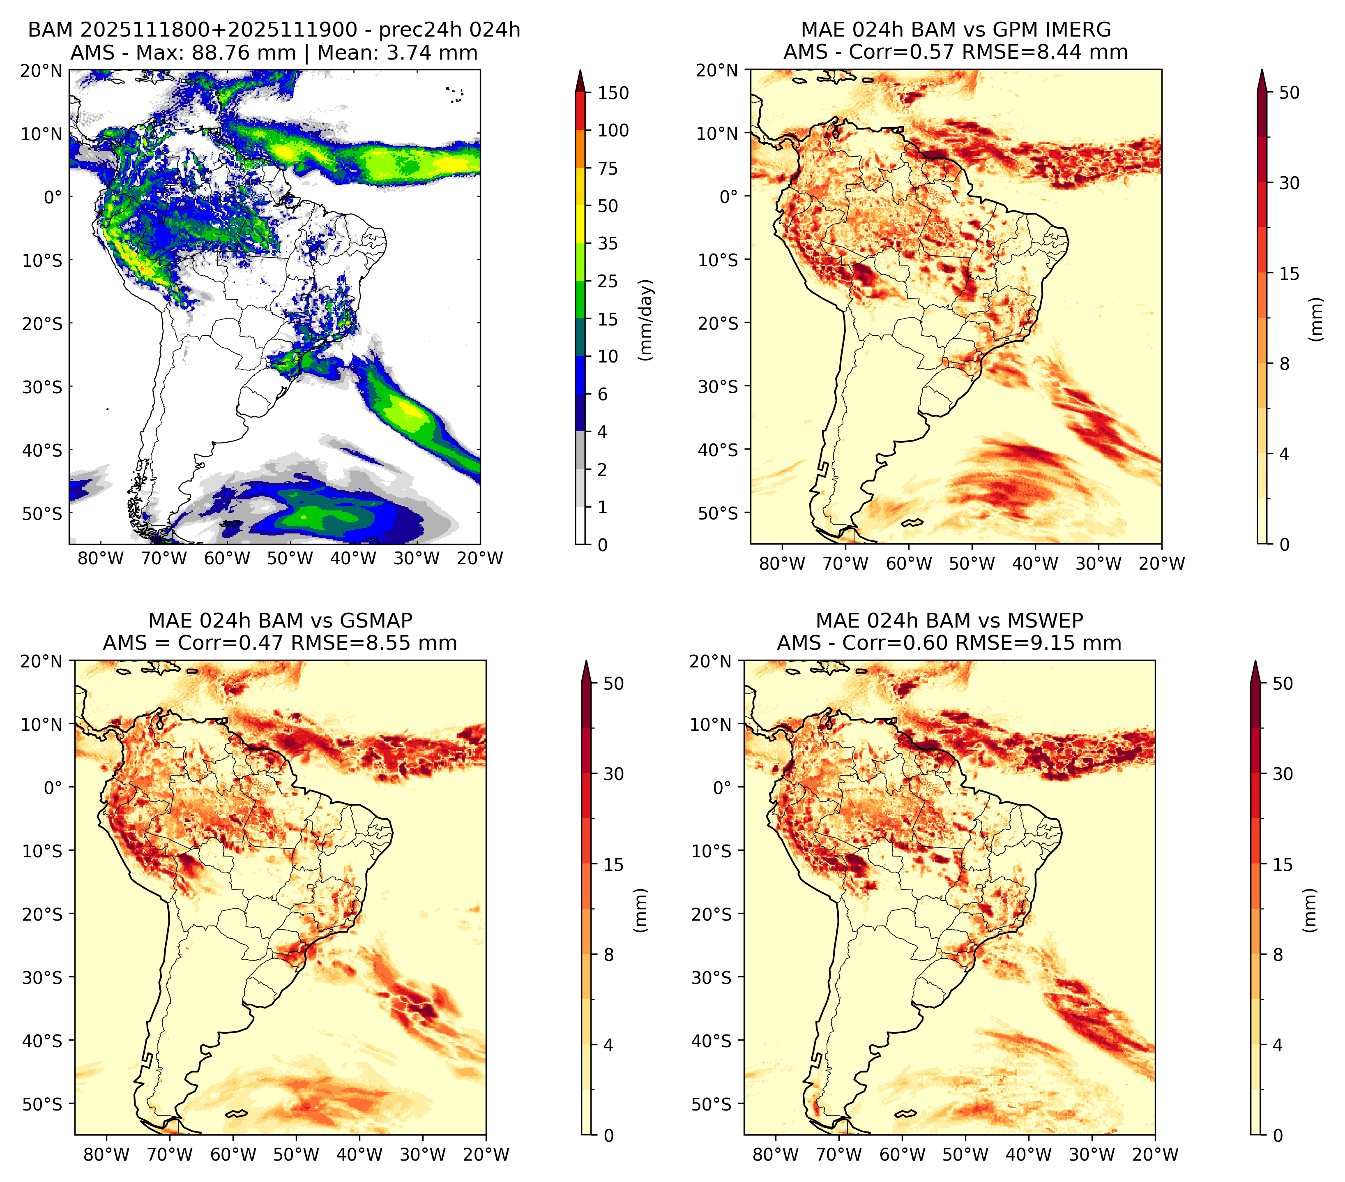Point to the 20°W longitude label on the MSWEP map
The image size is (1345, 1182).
(x=1155, y=1154)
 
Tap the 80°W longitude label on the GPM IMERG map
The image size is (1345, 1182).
(x=782, y=563)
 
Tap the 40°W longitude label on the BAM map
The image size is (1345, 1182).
(x=353, y=558)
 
